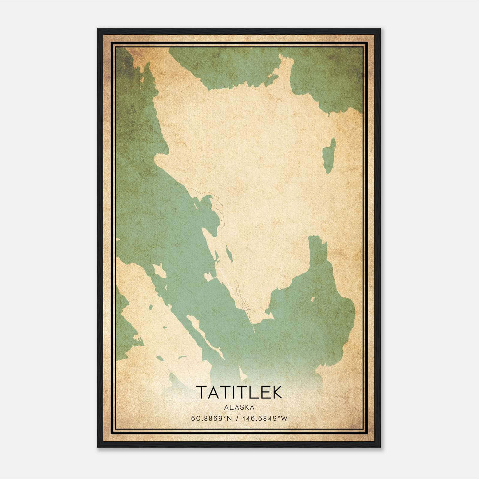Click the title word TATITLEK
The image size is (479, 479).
pyautogui.click(x=239, y=392)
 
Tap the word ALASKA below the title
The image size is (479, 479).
pyautogui.click(x=239, y=407)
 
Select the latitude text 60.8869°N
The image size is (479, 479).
pyautogui.click(x=212, y=418)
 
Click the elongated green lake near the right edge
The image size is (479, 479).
pyautogui.click(x=330, y=156)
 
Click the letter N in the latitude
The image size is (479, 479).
pyautogui.click(x=230, y=418)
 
